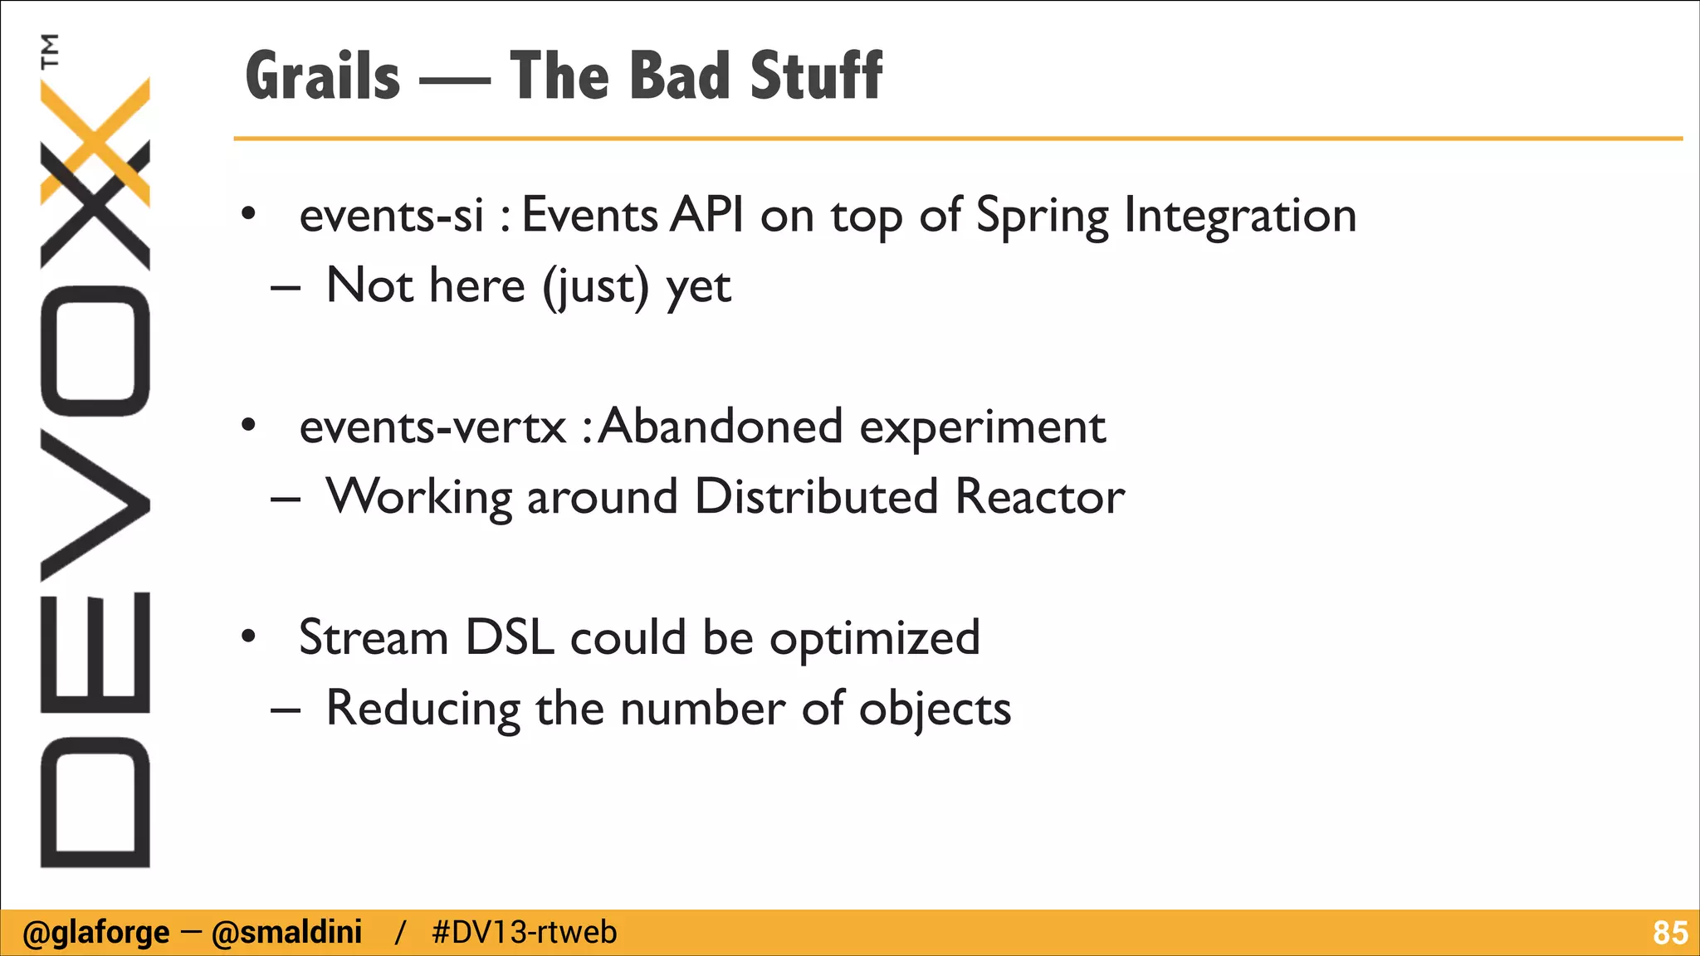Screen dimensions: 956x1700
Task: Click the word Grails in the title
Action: coord(323,76)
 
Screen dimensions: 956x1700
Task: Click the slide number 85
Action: coord(1669,933)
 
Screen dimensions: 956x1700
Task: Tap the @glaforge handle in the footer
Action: coord(95,933)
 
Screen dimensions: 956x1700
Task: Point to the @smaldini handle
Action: coord(286,933)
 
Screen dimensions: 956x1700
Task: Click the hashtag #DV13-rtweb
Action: coord(525,933)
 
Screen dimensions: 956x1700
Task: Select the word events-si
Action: coord(391,216)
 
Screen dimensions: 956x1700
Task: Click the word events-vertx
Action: coord(432,427)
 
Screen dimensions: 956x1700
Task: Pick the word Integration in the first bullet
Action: coord(1240,216)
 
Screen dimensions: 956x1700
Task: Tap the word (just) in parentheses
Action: coord(595,287)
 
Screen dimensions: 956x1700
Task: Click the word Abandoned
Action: coord(721,427)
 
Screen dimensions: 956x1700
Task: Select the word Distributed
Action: coord(816,497)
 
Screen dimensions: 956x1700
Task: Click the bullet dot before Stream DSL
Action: coord(248,637)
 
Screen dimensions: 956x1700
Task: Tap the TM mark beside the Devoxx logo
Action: coord(51,51)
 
